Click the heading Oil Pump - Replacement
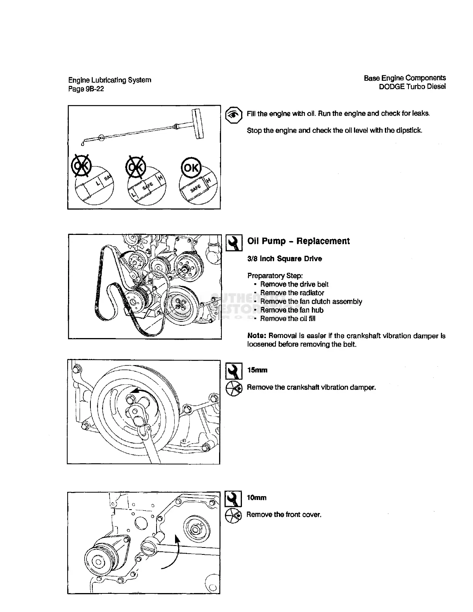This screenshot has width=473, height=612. point(298,241)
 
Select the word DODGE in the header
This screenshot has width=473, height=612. point(391,87)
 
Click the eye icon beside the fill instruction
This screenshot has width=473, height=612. point(233,114)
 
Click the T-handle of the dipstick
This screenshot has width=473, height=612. point(198,123)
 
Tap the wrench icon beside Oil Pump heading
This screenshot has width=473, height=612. point(234,243)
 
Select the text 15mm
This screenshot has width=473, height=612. point(257,370)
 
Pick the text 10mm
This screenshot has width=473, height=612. point(256,498)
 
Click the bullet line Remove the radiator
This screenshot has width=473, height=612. point(292,293)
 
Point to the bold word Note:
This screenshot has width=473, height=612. point(257,336)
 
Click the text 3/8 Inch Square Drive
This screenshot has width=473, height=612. point(284,258)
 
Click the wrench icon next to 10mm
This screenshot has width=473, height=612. point(233,499)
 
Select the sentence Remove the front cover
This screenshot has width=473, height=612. point(284,515)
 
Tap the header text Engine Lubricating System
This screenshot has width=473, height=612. point(110,80)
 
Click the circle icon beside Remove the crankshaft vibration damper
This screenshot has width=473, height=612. point(234,387)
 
